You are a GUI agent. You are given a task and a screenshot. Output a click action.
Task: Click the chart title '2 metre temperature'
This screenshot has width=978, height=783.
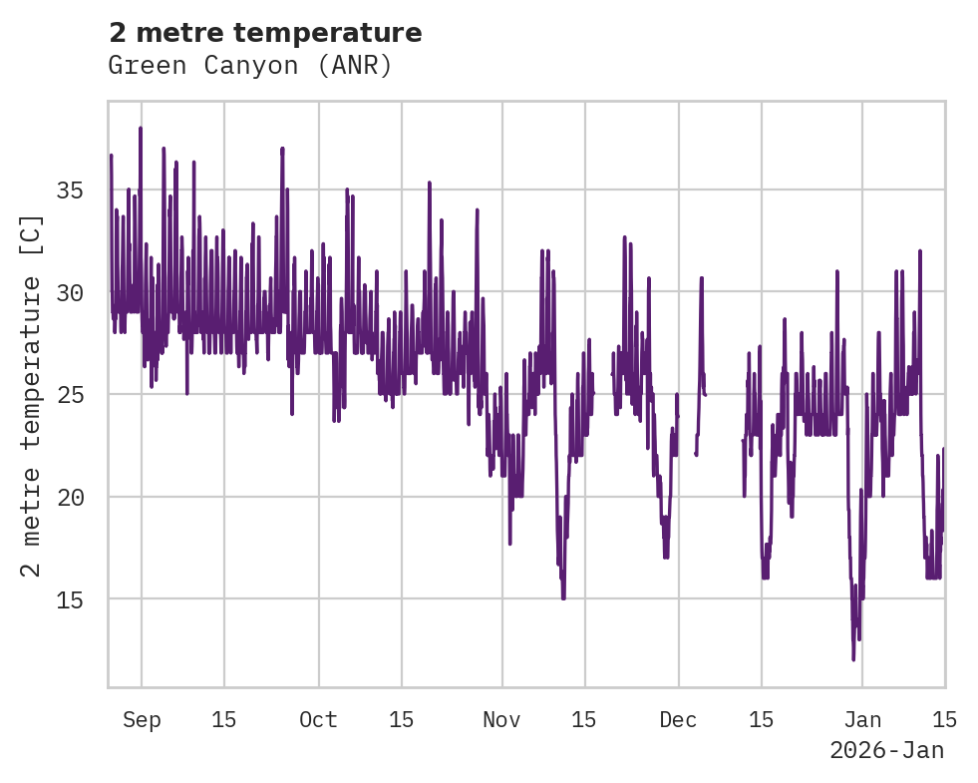(x=265, y=33)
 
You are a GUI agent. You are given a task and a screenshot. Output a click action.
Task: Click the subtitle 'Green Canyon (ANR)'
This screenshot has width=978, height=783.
(x=249, y=66)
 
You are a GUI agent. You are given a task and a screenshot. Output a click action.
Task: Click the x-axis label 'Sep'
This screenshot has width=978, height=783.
(x=142, y=720)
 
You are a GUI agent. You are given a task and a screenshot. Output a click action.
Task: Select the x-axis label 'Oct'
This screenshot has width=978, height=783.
(x=319, y=720)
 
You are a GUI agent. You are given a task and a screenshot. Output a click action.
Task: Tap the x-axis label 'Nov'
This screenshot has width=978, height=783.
(x=502, y=720)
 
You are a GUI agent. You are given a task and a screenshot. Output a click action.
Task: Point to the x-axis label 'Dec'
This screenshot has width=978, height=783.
(x=678, y=720)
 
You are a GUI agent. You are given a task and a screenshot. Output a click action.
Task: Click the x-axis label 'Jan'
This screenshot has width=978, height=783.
(x=862, y=720)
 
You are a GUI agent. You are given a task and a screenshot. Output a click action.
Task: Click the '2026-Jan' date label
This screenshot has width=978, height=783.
(x=886, y=750)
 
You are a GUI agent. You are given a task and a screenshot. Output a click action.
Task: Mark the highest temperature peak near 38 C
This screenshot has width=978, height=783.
(x=141, y=129)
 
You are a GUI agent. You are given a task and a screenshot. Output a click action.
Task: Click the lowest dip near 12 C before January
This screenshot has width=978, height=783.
(x=853, y=658)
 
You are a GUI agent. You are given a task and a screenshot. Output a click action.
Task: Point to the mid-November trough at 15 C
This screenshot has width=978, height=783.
(x=563, y=596)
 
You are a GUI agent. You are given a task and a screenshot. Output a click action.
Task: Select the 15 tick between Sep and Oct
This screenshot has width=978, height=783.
(x=224, y=720)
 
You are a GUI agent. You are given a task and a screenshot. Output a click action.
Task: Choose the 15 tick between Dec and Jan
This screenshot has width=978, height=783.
(x=761, y=720)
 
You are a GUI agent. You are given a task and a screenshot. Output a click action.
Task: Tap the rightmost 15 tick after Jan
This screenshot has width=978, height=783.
(x=944, y=720)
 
